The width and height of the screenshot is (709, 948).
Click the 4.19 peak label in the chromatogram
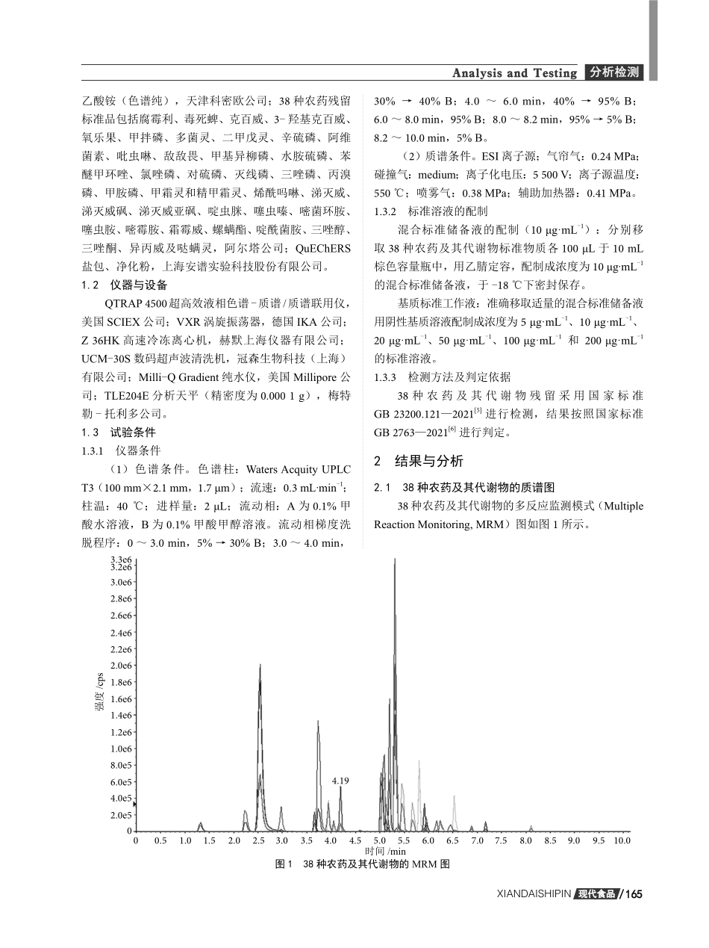pos(340,781)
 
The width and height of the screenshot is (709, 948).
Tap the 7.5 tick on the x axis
pos(501,840)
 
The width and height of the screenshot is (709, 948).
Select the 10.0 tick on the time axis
pos(621,840)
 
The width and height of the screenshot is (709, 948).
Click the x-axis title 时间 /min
pos(385,851)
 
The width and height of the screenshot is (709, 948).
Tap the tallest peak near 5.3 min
pos(395,560)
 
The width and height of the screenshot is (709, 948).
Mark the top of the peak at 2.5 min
pos(260,665)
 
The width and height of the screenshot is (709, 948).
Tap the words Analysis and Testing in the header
pos(515,73)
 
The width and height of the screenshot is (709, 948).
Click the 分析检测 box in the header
pos(613,72)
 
